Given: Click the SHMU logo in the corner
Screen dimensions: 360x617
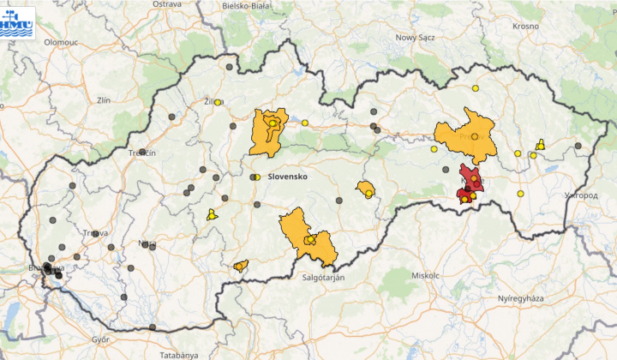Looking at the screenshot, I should [18, 21].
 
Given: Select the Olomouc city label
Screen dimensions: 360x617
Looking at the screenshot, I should [61, 41].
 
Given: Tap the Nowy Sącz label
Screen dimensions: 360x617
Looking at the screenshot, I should [416, 38].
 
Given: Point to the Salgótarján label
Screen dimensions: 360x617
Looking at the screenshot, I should [326, 278].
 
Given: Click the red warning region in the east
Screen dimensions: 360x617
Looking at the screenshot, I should [470, 182].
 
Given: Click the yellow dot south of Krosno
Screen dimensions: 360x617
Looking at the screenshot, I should [476, 87].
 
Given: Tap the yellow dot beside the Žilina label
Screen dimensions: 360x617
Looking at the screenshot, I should [219, 103].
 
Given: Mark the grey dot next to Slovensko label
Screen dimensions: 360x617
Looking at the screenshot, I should [253, 177].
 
